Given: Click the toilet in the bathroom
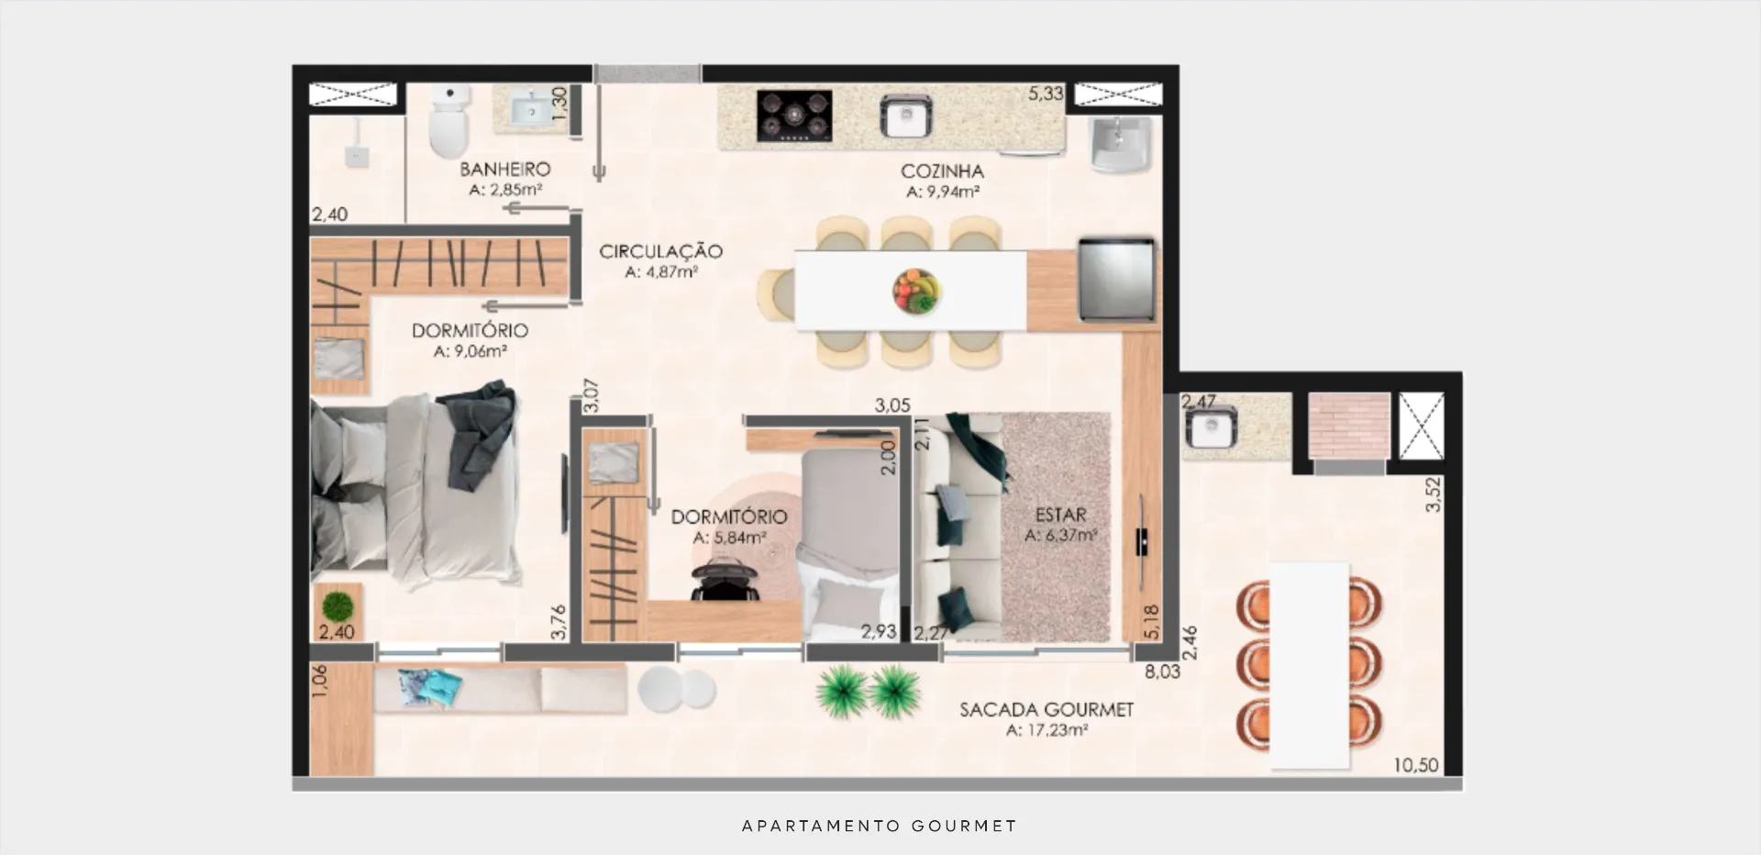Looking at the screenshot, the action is tap(449, 121).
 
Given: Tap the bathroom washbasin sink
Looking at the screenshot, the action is tap(531, 111).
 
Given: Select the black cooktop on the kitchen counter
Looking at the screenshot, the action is tap(794, 116).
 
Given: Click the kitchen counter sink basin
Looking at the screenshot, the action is tap(905, 117).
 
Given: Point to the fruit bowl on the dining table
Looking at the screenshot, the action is tap(916, 292).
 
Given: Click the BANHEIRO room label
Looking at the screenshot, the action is tap(505, 169).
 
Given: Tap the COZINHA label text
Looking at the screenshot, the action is tap(942, 172).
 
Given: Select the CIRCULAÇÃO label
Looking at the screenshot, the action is tap(660, 251).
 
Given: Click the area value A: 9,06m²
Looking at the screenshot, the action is tap(471, 351).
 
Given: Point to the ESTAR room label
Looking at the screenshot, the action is tap(1061, 516).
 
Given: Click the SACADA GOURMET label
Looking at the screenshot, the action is tap(1047, 710).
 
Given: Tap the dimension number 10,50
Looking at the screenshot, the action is tap(1416, 765).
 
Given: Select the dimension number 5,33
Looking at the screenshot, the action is tap(1046, 94).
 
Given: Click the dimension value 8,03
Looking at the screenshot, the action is tap(1162, 672).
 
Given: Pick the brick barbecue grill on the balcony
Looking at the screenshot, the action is tap(1348, 426).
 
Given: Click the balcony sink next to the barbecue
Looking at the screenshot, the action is tap(1211, 427).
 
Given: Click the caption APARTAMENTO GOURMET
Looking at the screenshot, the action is tap(880, 826).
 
